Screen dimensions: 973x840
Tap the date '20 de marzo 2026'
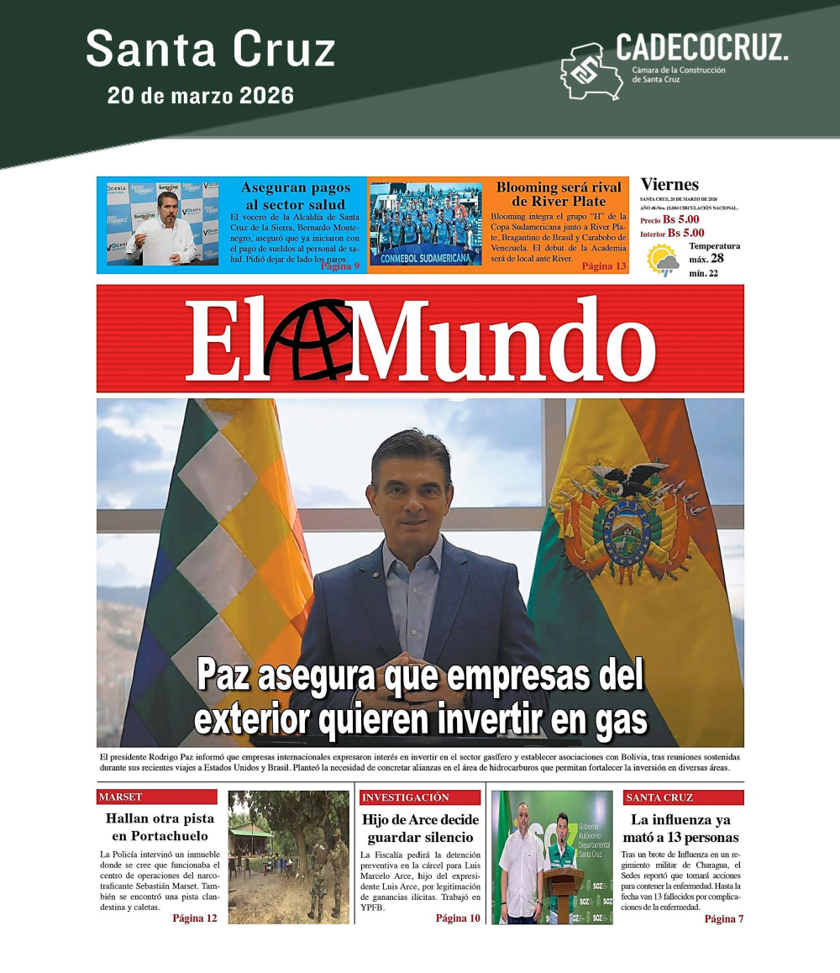click(x=201, y=95)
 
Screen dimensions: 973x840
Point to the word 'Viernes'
click(x=669, y=184)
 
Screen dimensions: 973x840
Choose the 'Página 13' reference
click(x=604, y=266)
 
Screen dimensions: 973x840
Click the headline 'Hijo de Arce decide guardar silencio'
click(x=420, y=828)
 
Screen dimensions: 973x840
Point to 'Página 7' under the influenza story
click(x=723, y=918)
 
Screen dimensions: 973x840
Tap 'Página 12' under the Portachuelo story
click(x=194, y=918)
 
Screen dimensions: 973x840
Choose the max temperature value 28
click(x=717, y=258)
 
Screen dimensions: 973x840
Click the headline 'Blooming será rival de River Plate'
click(x=559, y=193)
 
